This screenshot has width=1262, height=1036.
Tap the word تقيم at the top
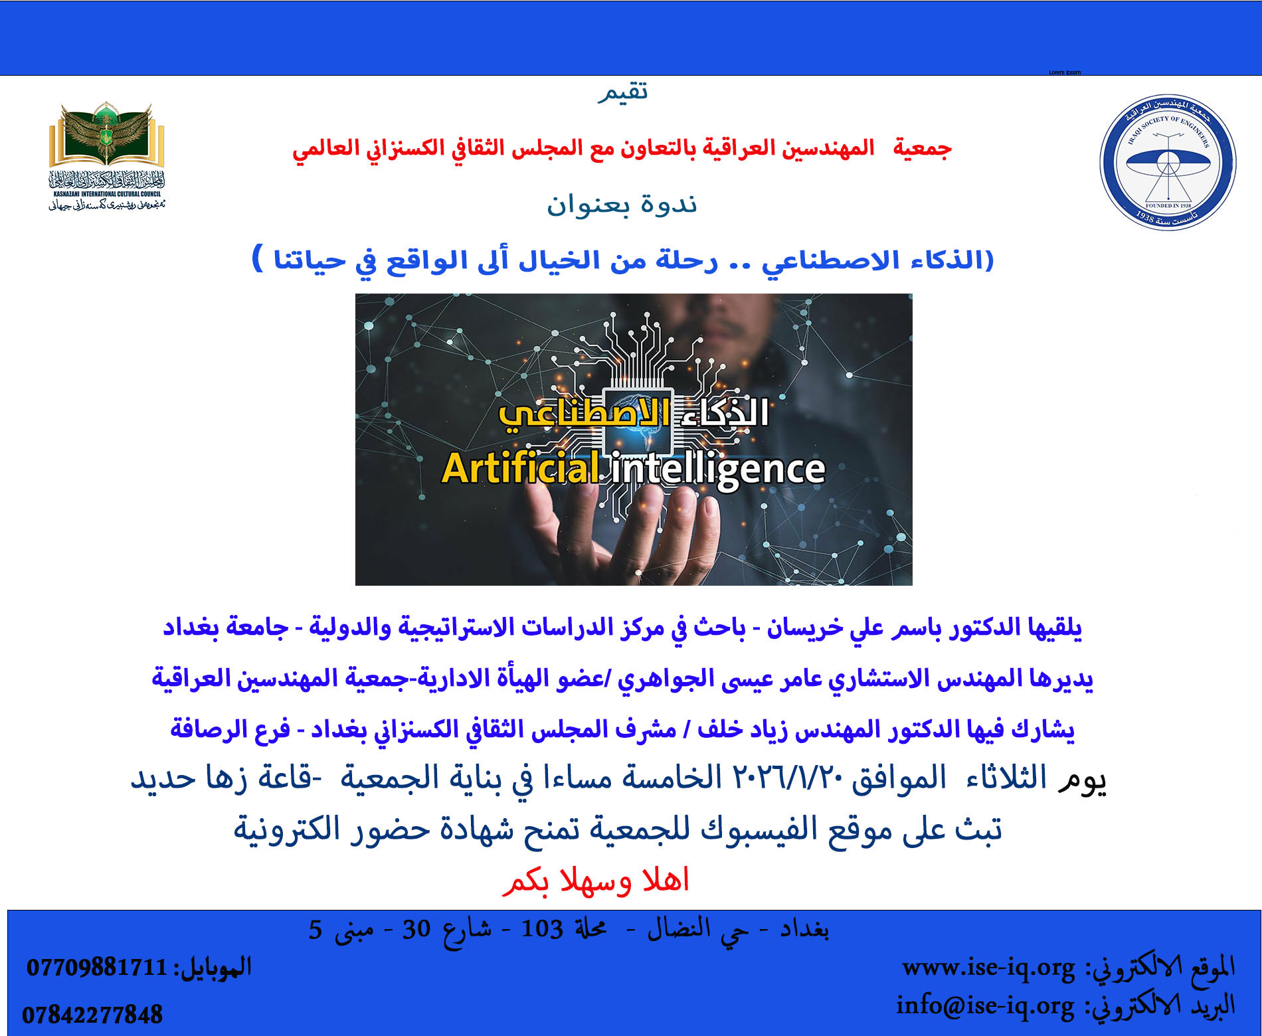pyautogui.click(x=623, y=92)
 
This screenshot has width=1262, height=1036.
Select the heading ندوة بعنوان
pyautogui.click(x=622, y=204)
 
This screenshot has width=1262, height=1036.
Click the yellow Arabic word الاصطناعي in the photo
pyautogui.click(x=585, y=413)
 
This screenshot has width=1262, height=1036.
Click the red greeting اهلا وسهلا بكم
pyautogui.click(x=596, y=881)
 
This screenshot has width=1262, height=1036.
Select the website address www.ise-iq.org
pyautogui.click(x=988, y=967)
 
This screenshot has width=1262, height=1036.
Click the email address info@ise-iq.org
pyautogui.click(x=985, y=1005)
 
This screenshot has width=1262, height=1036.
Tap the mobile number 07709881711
pyautogui.click(x=97, y=968)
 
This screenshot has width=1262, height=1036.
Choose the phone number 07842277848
pyautogui.click(x=92, y=1015)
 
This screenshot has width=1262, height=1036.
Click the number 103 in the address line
pyautogui.click(x=542, y=929)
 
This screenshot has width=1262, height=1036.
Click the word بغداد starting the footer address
pyautogui.click(x=804, y=929)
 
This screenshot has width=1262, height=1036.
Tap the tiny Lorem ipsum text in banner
pyautogui.click(x=1065, y=72)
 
